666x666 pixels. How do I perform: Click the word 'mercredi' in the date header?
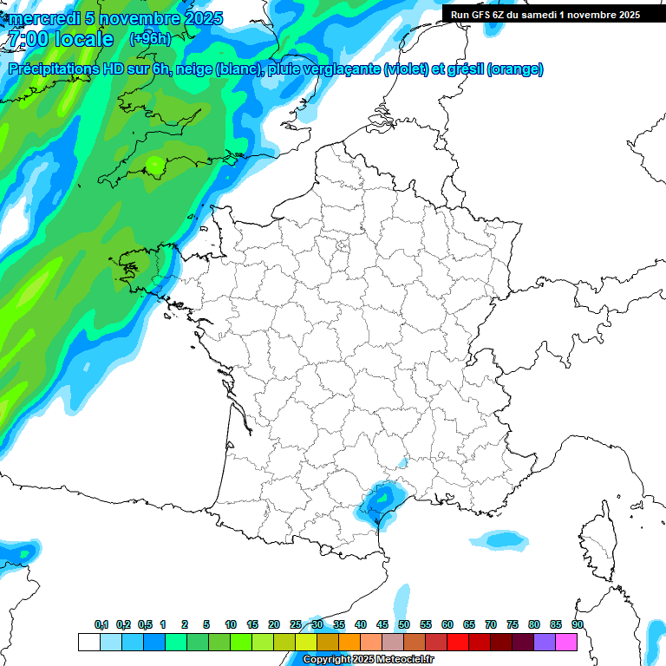pyautogui.click(x=39, y=18)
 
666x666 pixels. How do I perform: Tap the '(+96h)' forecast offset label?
pyautogui.click(x=149, y=39)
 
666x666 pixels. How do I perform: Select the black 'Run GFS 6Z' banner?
pyautogui.click(x=545, y=14)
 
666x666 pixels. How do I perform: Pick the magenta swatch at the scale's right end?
pyautogui.click(x=566, y=642)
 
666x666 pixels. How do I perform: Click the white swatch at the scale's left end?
pyautogui.click(x=88, y=642)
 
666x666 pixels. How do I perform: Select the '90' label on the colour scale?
pyautogui.click(x=577, y=624)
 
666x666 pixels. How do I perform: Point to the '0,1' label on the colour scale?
pyautogui.click(x=101, y=624)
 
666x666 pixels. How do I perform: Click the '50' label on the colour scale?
pyautogui.click(x=403, y=624)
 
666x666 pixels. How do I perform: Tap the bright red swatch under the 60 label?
pyautogui.click(x=458, y=642)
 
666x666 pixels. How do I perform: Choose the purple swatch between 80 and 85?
pyautogui.click(x=545, y=642)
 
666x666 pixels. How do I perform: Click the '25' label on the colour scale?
pyautogui.click(x=296, y=624)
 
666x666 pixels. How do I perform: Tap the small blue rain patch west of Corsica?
pyautogui.click(x=504, y=540)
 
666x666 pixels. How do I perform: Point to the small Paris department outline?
pyautogui.click(x=343, y=247)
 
